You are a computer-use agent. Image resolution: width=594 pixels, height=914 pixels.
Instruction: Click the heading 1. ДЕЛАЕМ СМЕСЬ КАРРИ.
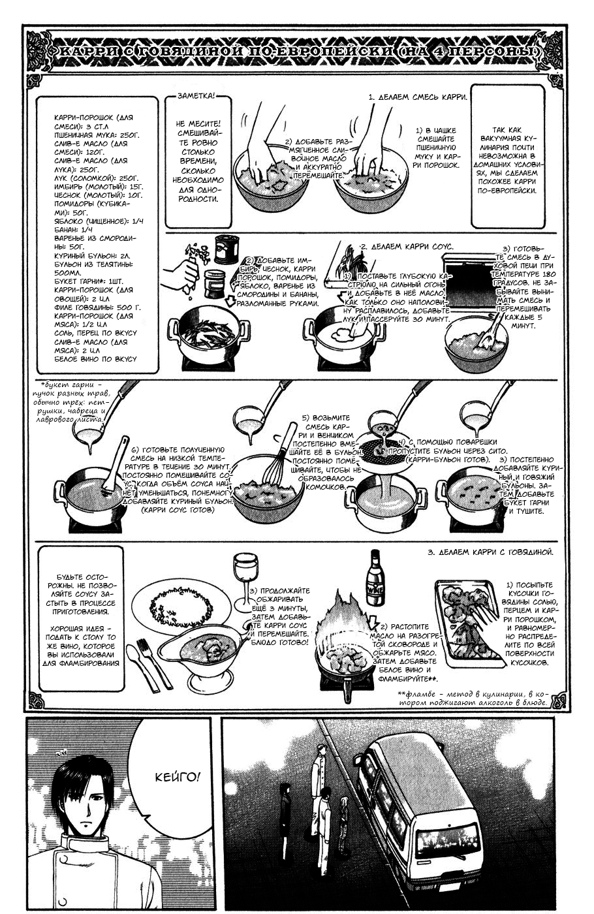(418, 97)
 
